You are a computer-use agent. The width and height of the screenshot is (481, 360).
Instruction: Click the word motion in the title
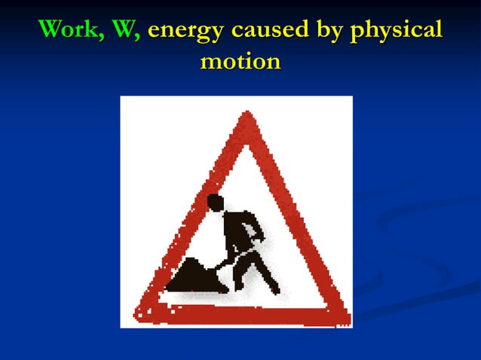click(x=240, y=62)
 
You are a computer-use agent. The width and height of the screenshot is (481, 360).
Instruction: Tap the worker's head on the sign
click(x=216, y=203)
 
